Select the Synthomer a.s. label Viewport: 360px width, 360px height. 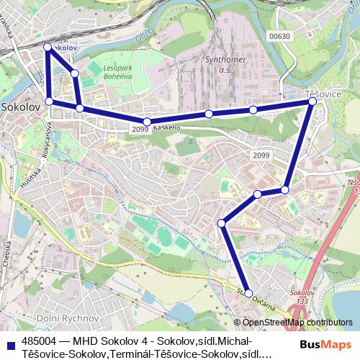(x=225, y=66)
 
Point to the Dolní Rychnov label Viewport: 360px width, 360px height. (x=68, y=318)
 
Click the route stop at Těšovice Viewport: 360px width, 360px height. (x=312, y=102)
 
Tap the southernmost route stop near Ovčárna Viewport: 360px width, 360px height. (x=248, y=293)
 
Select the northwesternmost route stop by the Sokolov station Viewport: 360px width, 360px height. (x=48, y=47)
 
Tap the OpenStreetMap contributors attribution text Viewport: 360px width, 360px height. (x=297, y=323)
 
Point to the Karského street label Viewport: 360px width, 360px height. (x=166, y=127)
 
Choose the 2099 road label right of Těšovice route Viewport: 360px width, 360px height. (x=261, y=155)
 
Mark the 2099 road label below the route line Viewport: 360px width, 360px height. (x=140, y=130)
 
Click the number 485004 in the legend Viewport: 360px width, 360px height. (x=40, y=341)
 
